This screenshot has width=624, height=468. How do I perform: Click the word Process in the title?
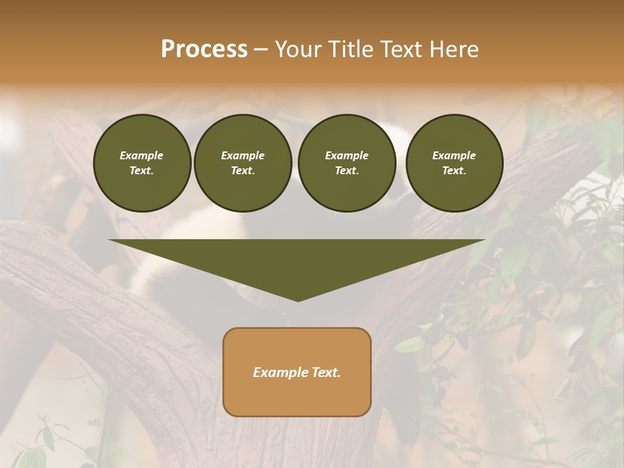[x=204, y=49]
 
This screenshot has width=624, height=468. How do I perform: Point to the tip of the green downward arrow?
[x=298, y=300]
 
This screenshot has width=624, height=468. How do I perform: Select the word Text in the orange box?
[x=326, y=372]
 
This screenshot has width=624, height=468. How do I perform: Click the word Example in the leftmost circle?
[x=142, y=155]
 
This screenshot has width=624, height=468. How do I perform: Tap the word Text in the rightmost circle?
[x=454, y=170]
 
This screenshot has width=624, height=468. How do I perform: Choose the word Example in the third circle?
[x=346, y=155]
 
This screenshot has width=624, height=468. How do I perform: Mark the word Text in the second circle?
[x=242, y=170]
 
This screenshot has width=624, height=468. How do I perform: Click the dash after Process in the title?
[x=261, y=49]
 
